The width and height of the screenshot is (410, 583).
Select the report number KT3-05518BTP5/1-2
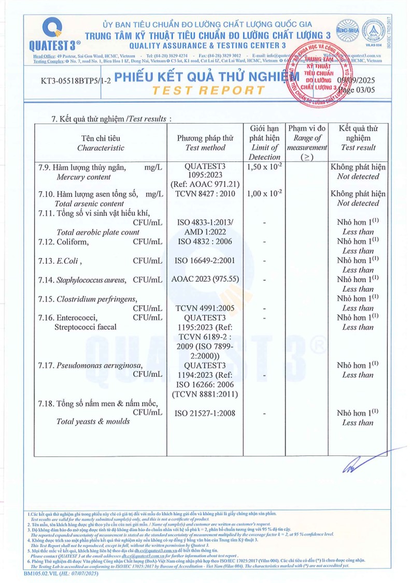pos(75,81)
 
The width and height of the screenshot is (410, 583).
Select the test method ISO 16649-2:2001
pos(205,260)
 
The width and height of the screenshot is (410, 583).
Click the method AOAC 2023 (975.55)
pos(205,279)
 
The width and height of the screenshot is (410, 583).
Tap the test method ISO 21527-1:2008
pos(205,413)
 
